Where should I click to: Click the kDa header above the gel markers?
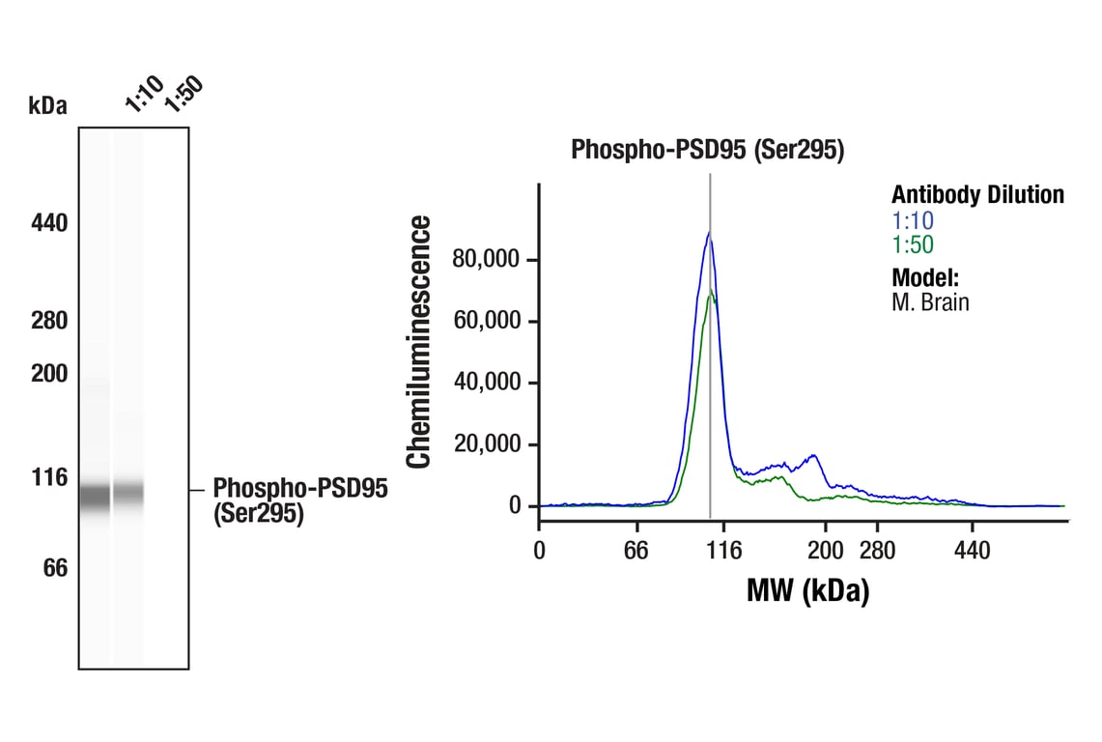point(47,106)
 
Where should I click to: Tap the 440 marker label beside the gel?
point(49,223)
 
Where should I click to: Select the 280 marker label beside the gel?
point(49,320)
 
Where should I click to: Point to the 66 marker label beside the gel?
point(55,568)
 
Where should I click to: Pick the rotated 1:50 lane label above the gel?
point(183,94)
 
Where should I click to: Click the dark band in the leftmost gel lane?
point(95,497)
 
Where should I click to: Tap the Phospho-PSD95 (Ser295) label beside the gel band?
point(299,500)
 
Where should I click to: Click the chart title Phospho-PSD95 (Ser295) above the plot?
point(707,150)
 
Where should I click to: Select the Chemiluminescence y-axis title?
point(419,343)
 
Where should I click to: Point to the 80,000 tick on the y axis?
point(487,259)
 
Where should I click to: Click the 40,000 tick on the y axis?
point(487,383)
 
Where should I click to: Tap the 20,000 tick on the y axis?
point(487,444)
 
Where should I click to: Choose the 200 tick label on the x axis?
point(826,551)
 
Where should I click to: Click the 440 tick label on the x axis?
point(972,551)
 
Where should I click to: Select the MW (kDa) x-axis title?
point(807,589)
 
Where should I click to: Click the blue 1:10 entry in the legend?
point(913,220)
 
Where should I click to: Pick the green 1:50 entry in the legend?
point(913,245)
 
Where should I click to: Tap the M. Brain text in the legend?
point(929,302)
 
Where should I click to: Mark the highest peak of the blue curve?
point(709,232)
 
